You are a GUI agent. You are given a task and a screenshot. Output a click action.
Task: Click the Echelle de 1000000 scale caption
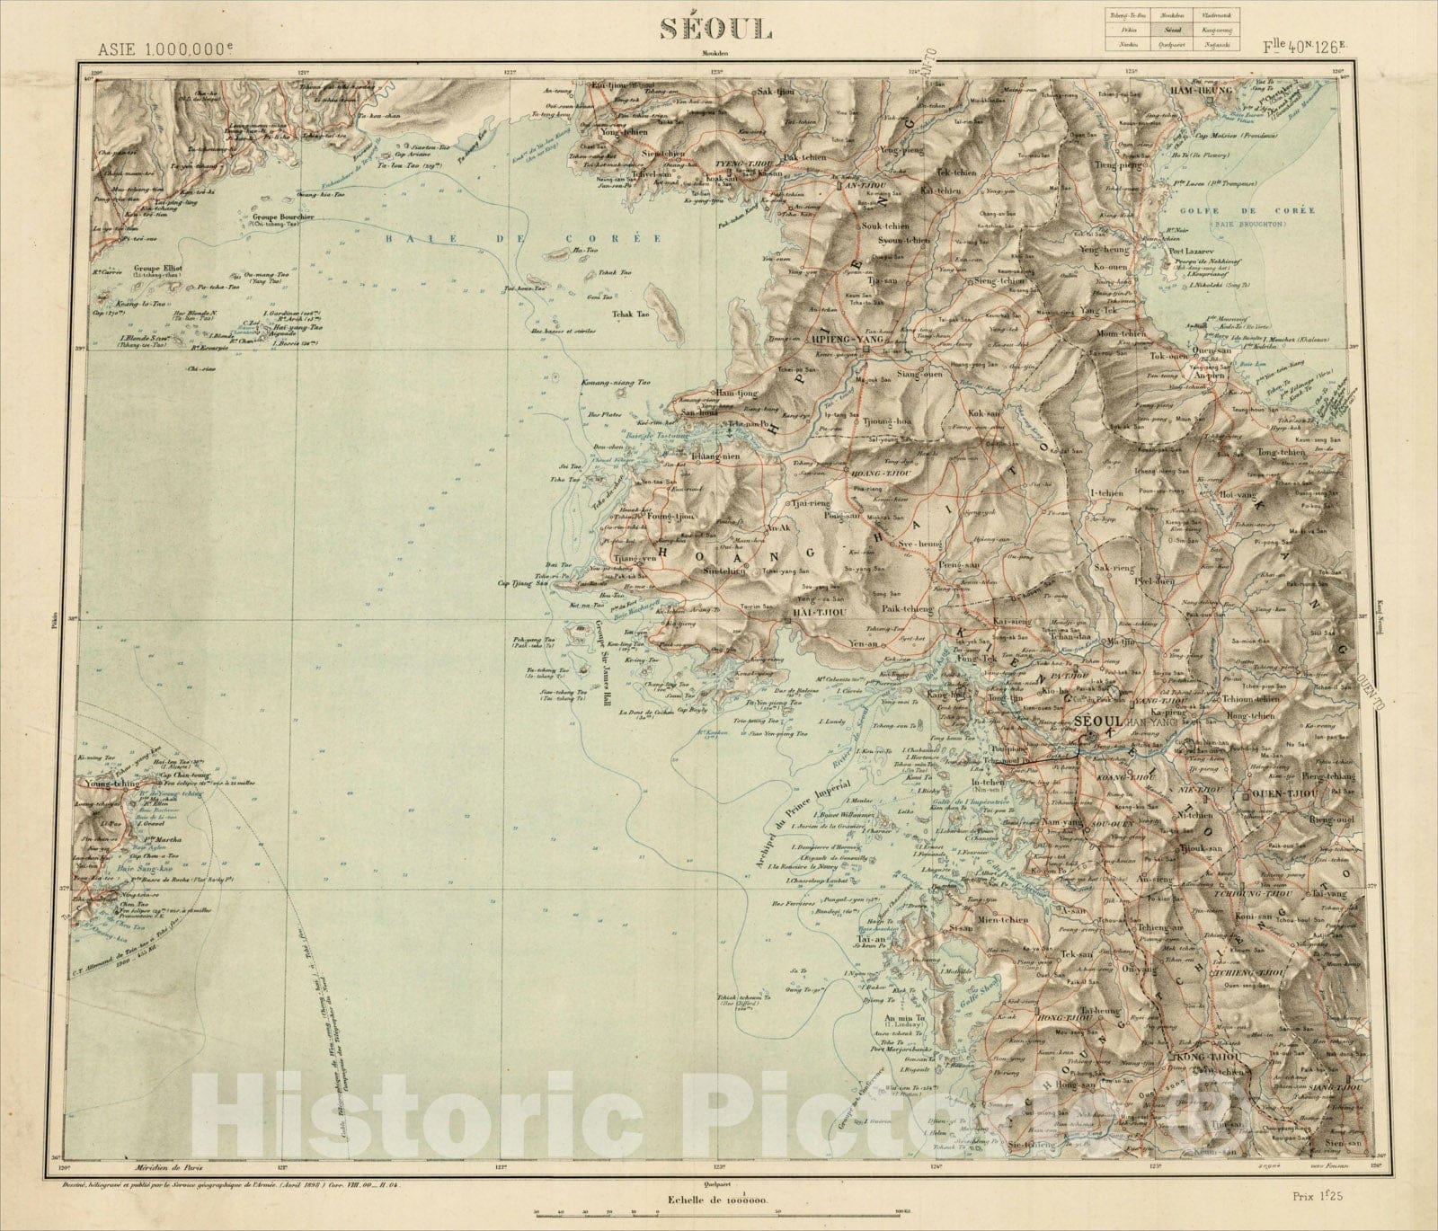point(717,1200)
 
